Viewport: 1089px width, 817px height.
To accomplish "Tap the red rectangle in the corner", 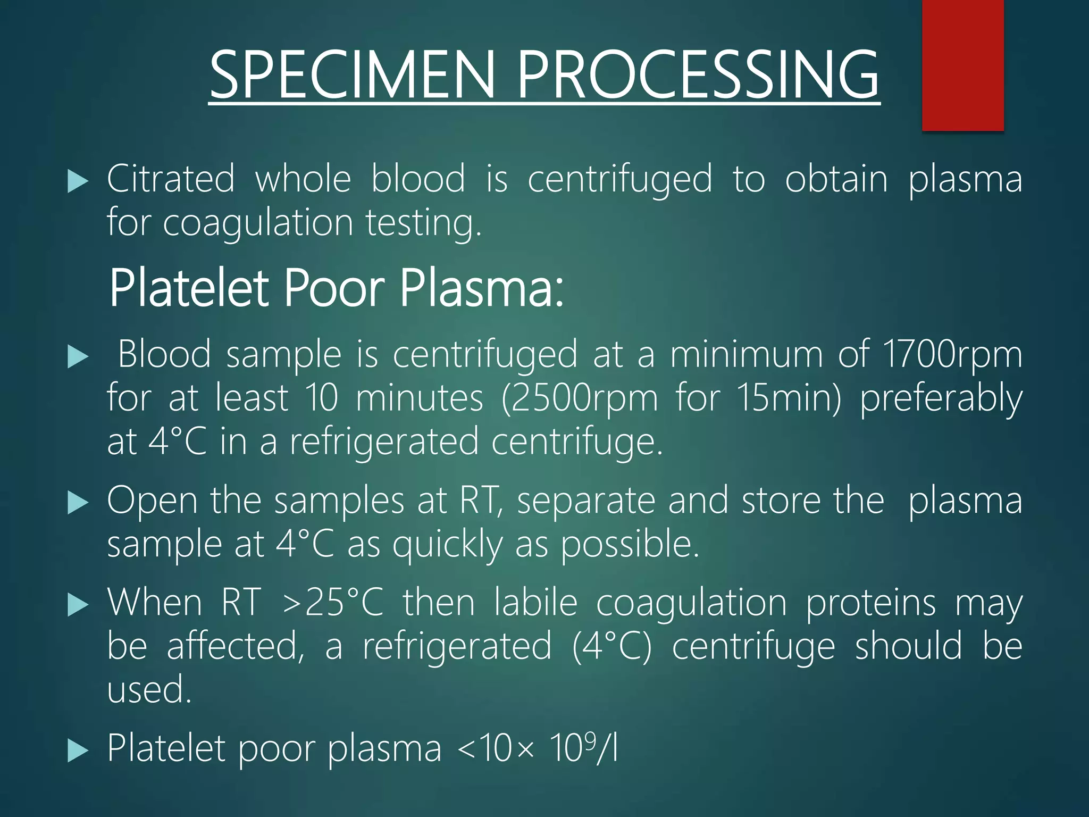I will [962, 65].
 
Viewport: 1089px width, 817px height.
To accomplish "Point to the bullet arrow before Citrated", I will [78, 182].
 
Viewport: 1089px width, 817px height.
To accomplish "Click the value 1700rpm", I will [952, 355].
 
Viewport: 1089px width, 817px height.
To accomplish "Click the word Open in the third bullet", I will [153, 501].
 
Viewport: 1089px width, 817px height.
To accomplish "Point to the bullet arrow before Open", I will [78, 503].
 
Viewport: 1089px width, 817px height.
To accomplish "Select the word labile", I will [535, 603].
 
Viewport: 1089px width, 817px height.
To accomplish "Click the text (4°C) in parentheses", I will [611, 646].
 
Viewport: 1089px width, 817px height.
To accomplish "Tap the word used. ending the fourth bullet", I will [149, 689].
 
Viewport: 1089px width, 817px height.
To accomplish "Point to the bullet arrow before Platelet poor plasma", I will [78, 751].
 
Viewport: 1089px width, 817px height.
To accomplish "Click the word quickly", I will [447, 545].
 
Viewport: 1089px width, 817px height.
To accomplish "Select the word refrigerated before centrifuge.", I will [384, 442].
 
